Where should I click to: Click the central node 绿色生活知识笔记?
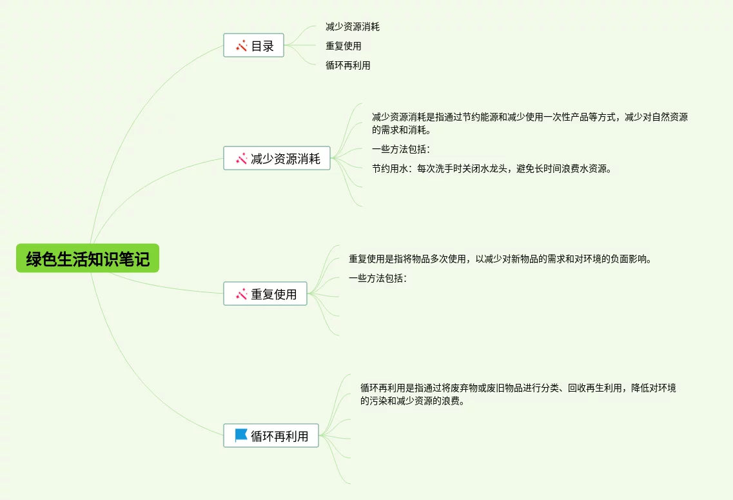click(88, 259)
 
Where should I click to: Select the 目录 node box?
click(253, 46)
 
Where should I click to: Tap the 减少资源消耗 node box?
click(277, 159)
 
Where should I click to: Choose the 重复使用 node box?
click(265, 294)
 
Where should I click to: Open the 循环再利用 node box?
click(271, 435)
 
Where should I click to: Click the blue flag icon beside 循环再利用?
click(241, 435)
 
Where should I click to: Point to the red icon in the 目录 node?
click(242, 46)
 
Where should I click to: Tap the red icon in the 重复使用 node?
click(242, 294)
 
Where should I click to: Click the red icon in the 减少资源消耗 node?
click(242, 159)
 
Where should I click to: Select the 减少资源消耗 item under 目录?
click(352, 27)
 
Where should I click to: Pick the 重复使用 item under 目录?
click(343, 46)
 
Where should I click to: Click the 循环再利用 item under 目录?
click(347, 65)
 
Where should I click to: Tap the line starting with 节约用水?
click(491, 169)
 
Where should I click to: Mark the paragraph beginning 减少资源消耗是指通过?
click(529, 123)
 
